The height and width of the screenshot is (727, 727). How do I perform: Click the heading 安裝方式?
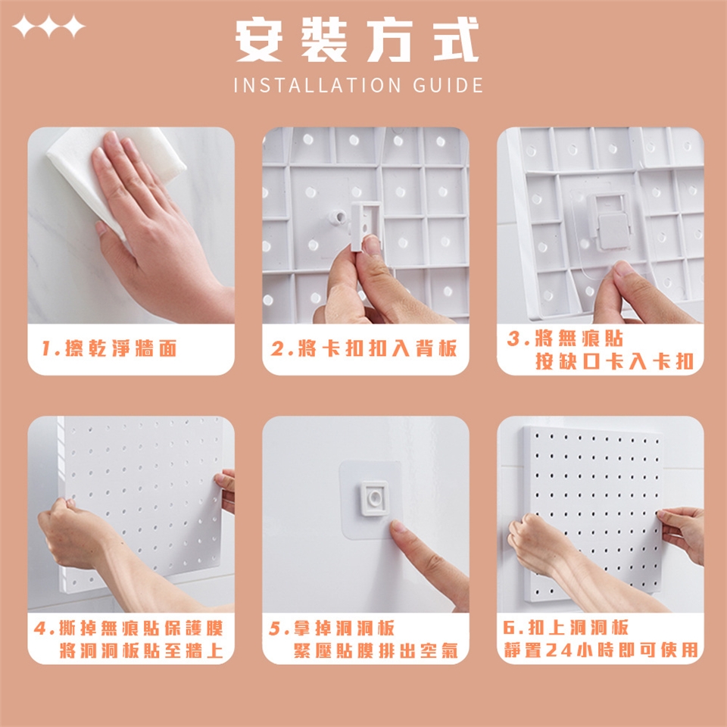(357, 39)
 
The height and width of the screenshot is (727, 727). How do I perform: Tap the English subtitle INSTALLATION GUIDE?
(358, 86)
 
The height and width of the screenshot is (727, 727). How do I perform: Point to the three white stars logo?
(48, 26)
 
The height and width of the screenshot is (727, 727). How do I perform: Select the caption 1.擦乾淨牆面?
(109, 348)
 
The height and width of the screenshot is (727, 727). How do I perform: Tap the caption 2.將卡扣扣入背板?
(364, 348)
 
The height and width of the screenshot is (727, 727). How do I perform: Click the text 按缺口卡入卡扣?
(614, 361)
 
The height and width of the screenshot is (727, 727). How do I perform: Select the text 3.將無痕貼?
(565, 339)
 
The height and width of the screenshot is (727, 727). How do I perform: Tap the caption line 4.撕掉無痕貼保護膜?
(129, 629)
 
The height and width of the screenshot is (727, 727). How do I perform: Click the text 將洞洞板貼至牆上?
(142, 651)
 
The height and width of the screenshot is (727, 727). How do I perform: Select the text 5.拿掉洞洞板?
(332, 629)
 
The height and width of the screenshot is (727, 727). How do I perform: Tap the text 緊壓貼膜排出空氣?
(376, 651)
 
